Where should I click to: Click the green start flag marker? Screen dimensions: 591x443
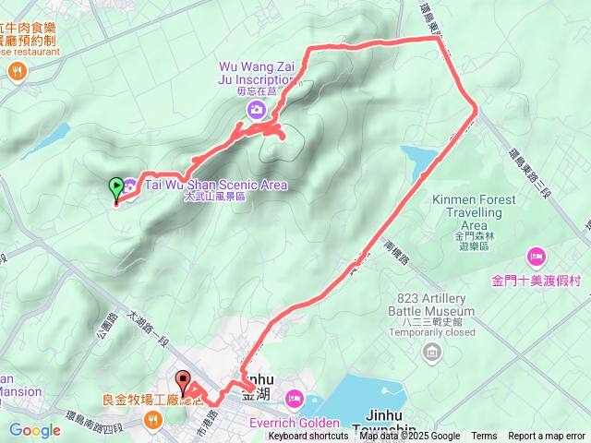[116, 188]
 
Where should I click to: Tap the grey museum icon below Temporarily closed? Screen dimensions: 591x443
[431, 351]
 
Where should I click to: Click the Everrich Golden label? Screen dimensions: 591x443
[357, 399]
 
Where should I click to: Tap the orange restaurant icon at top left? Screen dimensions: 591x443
[17, 71]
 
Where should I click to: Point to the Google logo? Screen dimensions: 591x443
[34, 430]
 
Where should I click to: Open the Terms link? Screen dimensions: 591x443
[484, 437]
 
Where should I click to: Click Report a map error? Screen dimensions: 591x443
[547, 437]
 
